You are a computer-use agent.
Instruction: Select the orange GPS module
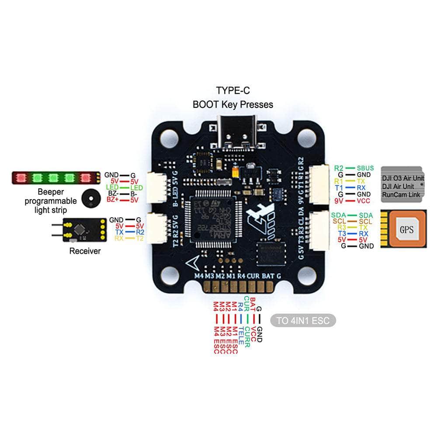tap(406, 229)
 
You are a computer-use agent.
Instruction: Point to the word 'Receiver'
tap(85, 251)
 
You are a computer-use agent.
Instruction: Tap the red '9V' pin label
tap(338, 201)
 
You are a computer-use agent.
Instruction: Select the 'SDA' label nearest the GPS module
tap(366, 215)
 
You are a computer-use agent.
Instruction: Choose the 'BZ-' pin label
tap(113, 193)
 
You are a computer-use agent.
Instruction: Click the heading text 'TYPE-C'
tap(232, 90)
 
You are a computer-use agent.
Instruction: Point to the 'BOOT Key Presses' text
tap(232, 104)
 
